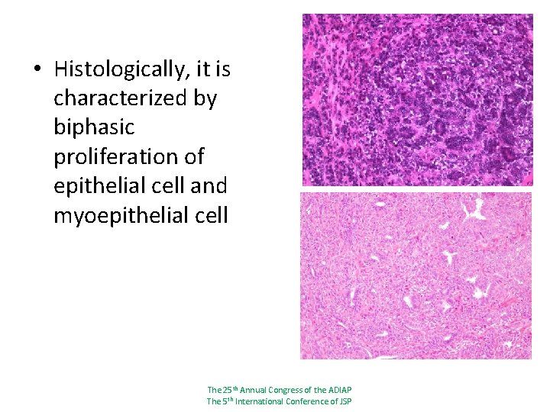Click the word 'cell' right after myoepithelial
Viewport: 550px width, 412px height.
point(212,216)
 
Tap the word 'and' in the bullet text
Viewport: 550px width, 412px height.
point(210,186)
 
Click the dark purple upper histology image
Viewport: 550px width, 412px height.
point(417,100)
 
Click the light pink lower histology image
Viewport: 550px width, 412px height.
point(416,275)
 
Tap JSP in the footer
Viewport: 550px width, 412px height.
point(344,401)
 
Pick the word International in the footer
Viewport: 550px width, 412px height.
point(260,401)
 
